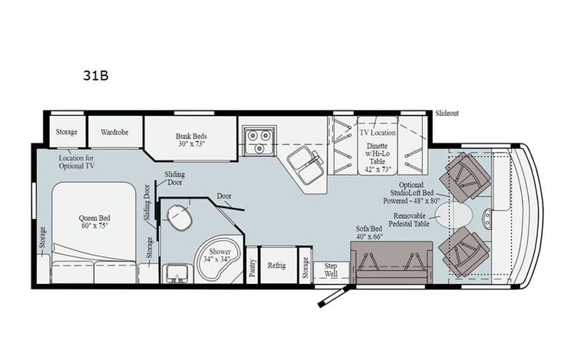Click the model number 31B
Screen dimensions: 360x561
97,76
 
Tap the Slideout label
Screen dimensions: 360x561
447,113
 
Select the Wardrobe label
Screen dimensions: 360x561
114,132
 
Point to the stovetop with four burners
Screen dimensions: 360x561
259,140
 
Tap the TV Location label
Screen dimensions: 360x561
377,133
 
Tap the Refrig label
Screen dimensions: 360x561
276,266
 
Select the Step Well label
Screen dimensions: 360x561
331,269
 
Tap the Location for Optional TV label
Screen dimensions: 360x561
77,161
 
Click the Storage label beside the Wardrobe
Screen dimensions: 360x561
66,132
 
